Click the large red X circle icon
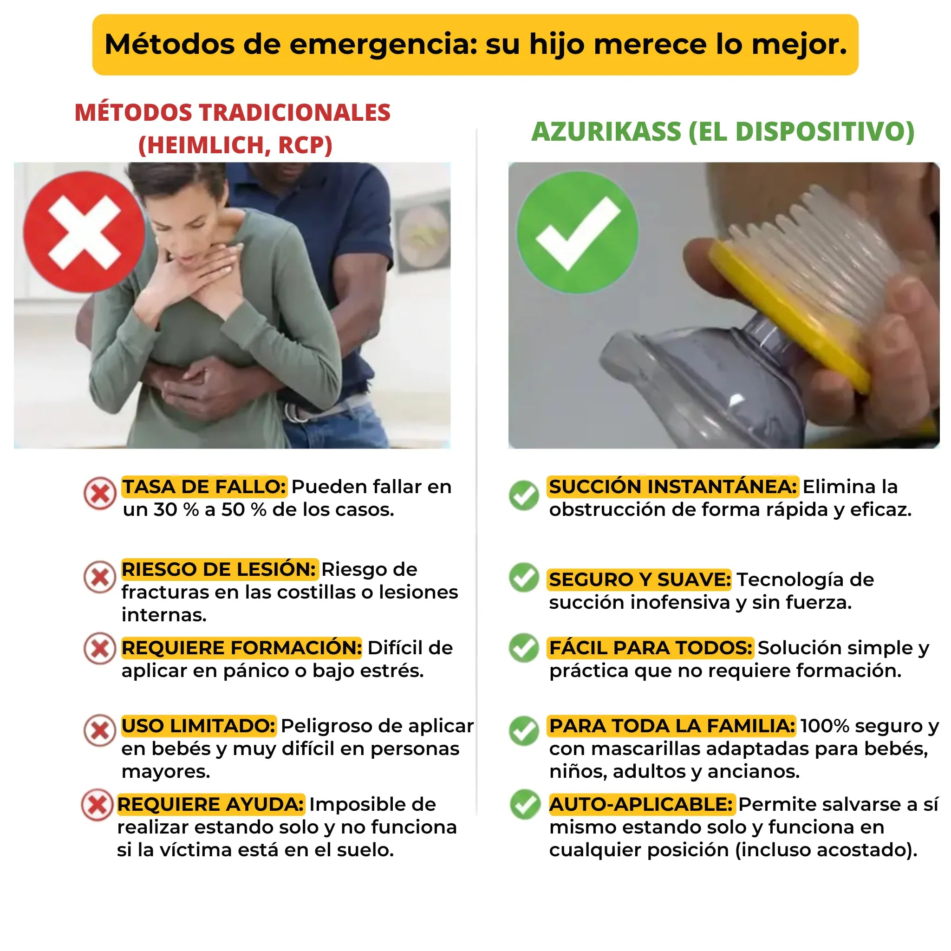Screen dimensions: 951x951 point(84,232)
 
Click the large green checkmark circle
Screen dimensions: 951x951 point(577,232)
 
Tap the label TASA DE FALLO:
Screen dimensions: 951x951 point(204,487)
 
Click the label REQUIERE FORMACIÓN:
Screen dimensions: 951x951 point(241,648)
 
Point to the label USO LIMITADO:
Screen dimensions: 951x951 point(198,726)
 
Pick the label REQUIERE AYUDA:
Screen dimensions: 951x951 point(211,804)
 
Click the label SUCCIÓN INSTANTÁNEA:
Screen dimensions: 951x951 point(672,487)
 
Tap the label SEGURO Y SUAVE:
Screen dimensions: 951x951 point(639,580)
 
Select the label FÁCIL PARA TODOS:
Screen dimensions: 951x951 point(650,648)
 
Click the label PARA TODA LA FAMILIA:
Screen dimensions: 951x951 point(671,726)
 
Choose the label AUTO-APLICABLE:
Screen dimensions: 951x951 point(641,804)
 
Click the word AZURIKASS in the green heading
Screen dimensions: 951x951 point(606,132)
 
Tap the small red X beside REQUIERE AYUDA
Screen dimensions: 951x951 point(98,805)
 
